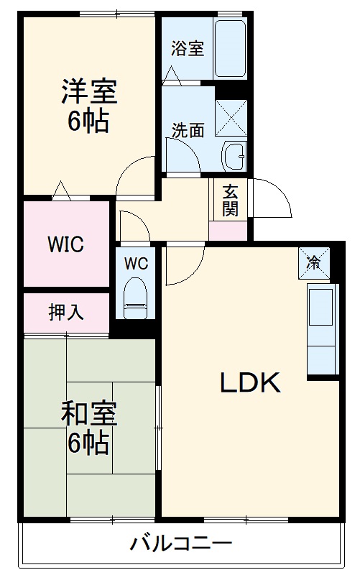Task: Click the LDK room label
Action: coord(249,384)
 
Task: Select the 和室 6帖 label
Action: coord(88,428)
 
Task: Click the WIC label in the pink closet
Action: coord(65,244)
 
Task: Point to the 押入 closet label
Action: coord(66,312)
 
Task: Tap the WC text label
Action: coord(136,263)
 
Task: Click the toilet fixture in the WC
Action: coord(135,298)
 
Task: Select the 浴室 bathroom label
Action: coord(188,49)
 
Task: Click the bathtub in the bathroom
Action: coord(231,48)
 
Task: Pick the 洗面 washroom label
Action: coord(188,130)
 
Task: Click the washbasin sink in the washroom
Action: coord(234,155)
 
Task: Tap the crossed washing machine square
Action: coord(231,117)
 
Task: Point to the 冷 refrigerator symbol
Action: coord(314,262)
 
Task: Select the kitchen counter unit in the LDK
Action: coord(321,328)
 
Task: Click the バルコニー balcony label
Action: coord(180,543)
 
